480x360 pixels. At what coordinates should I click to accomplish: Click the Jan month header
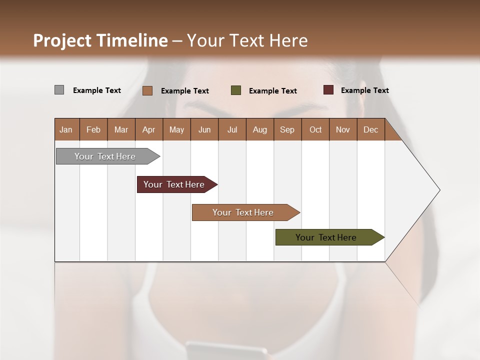66,129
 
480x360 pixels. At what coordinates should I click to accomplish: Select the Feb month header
93,129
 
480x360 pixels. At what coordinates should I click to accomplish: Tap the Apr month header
148,129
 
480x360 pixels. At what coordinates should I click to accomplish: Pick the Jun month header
204,129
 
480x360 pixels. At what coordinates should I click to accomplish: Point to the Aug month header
259,129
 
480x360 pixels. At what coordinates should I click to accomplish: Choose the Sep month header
287,129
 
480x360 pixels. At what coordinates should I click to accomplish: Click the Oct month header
315,129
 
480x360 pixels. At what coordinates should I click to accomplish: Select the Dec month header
370,129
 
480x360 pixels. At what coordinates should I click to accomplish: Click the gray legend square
59,90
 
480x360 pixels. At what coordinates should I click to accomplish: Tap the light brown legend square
147,90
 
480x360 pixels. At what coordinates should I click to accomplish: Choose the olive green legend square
236,90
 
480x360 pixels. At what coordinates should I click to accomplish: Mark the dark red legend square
328,90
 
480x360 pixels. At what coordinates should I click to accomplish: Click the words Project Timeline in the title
100,40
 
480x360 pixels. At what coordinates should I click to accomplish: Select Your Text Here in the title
247,40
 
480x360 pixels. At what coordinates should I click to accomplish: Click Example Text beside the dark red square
364,90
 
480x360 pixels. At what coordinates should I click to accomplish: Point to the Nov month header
342,129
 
